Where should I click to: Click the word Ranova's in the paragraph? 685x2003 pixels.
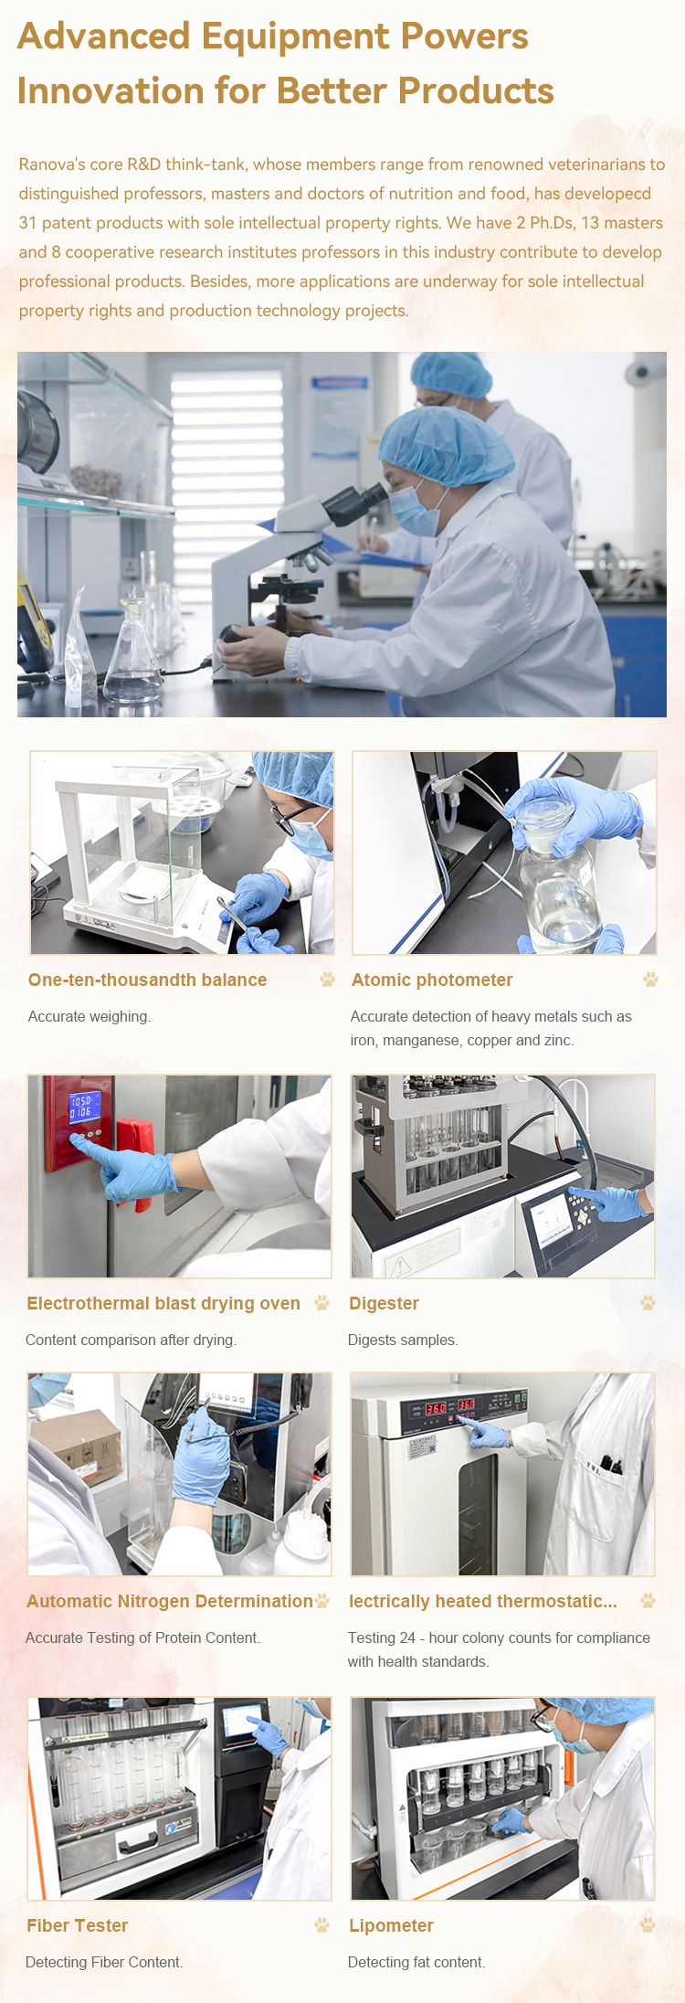click(x=52, y=164)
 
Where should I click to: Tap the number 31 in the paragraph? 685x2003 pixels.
click(x=27, y=223)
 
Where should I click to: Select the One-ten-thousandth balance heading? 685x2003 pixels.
click(x=147, y=980)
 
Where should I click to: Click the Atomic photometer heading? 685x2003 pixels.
click(x=432, y=980)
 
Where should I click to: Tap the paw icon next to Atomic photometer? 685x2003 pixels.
click(x=650, y=980)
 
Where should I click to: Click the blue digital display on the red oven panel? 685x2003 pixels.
click(x=81, y=1107)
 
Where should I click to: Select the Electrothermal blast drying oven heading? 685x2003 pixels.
click(x=163, y=1303)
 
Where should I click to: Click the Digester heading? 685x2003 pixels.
click(x=384, y=1303)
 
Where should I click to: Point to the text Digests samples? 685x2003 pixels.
click(x=403, y=1340)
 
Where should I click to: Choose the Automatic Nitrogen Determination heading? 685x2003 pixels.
click(x=170, y=1601)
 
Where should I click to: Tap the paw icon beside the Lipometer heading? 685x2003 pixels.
click(x=648, y=1925)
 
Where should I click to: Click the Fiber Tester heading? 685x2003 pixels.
click(x=78, y=1925)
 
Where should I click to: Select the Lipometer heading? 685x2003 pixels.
click(x=391, y=1925)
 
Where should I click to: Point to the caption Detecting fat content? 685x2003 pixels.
click(x=416, y=1962)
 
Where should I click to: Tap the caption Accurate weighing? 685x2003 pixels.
click(x=90, y=1016)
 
